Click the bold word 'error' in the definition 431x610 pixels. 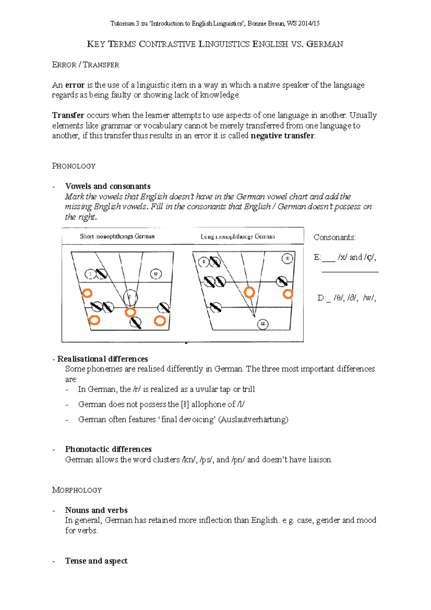75,85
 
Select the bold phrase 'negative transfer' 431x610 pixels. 282,136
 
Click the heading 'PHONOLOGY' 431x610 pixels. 74,166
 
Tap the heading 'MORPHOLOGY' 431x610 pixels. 77,490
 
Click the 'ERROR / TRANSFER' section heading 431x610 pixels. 85,65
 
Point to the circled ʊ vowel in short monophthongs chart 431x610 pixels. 156,274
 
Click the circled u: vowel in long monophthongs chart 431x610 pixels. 287,258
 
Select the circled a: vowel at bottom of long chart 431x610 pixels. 263,324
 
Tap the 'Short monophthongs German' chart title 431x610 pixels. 117,236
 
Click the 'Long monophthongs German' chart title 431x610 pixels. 238,237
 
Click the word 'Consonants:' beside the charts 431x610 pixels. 334,237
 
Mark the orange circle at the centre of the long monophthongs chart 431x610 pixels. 249,292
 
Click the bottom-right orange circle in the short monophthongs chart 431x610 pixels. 160,321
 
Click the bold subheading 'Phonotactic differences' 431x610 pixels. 108,449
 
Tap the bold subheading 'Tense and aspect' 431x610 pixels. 96,561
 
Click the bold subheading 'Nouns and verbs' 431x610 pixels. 96,510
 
